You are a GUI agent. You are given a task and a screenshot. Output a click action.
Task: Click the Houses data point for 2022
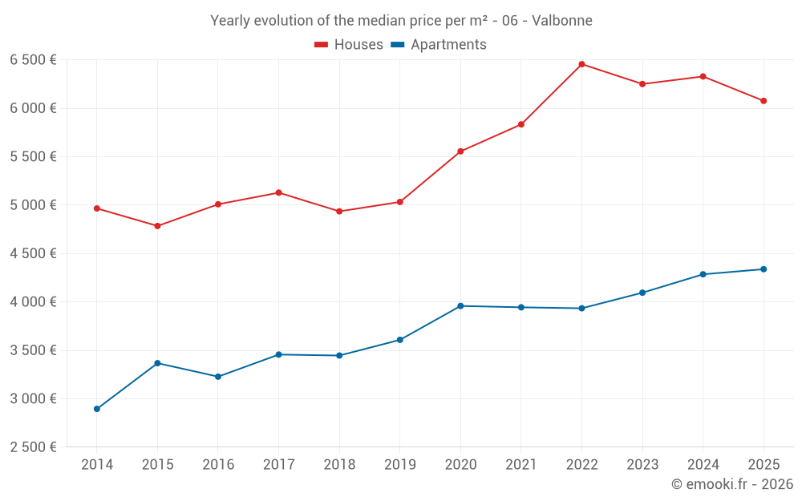point(581,64)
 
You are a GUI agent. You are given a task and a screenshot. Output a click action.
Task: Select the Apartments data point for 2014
point(97,409)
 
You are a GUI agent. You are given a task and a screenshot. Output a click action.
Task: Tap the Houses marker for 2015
point(157,226)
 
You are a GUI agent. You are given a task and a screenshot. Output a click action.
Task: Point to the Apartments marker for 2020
point(460,306)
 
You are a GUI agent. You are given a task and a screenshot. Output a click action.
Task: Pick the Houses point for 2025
point(764,101)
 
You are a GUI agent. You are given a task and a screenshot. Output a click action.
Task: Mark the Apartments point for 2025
point(764,269)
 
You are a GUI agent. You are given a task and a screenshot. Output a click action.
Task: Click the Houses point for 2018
point(339,212)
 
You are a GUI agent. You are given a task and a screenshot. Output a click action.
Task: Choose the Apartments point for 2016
point(218,377)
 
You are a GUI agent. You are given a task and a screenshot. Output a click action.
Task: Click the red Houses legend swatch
point(322,45)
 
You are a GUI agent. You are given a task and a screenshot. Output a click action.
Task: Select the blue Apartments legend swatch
point(397,45)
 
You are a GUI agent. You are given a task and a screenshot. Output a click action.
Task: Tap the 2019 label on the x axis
point(399,464)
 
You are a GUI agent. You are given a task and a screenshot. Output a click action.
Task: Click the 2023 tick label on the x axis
point(642,464)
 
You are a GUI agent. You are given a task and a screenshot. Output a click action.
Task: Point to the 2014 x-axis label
point(97,464)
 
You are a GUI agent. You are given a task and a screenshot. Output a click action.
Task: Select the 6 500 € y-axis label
point(33,60)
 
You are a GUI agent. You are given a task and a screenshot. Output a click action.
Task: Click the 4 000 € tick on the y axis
point(33,302)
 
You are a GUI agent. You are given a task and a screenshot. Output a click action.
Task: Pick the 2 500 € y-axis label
point(33,447)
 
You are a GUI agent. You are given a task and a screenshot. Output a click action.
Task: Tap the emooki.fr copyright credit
point(732,484)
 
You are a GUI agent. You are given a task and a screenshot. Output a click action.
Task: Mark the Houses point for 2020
point(460,152)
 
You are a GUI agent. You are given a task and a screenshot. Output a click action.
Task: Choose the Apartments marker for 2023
point(642,293)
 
